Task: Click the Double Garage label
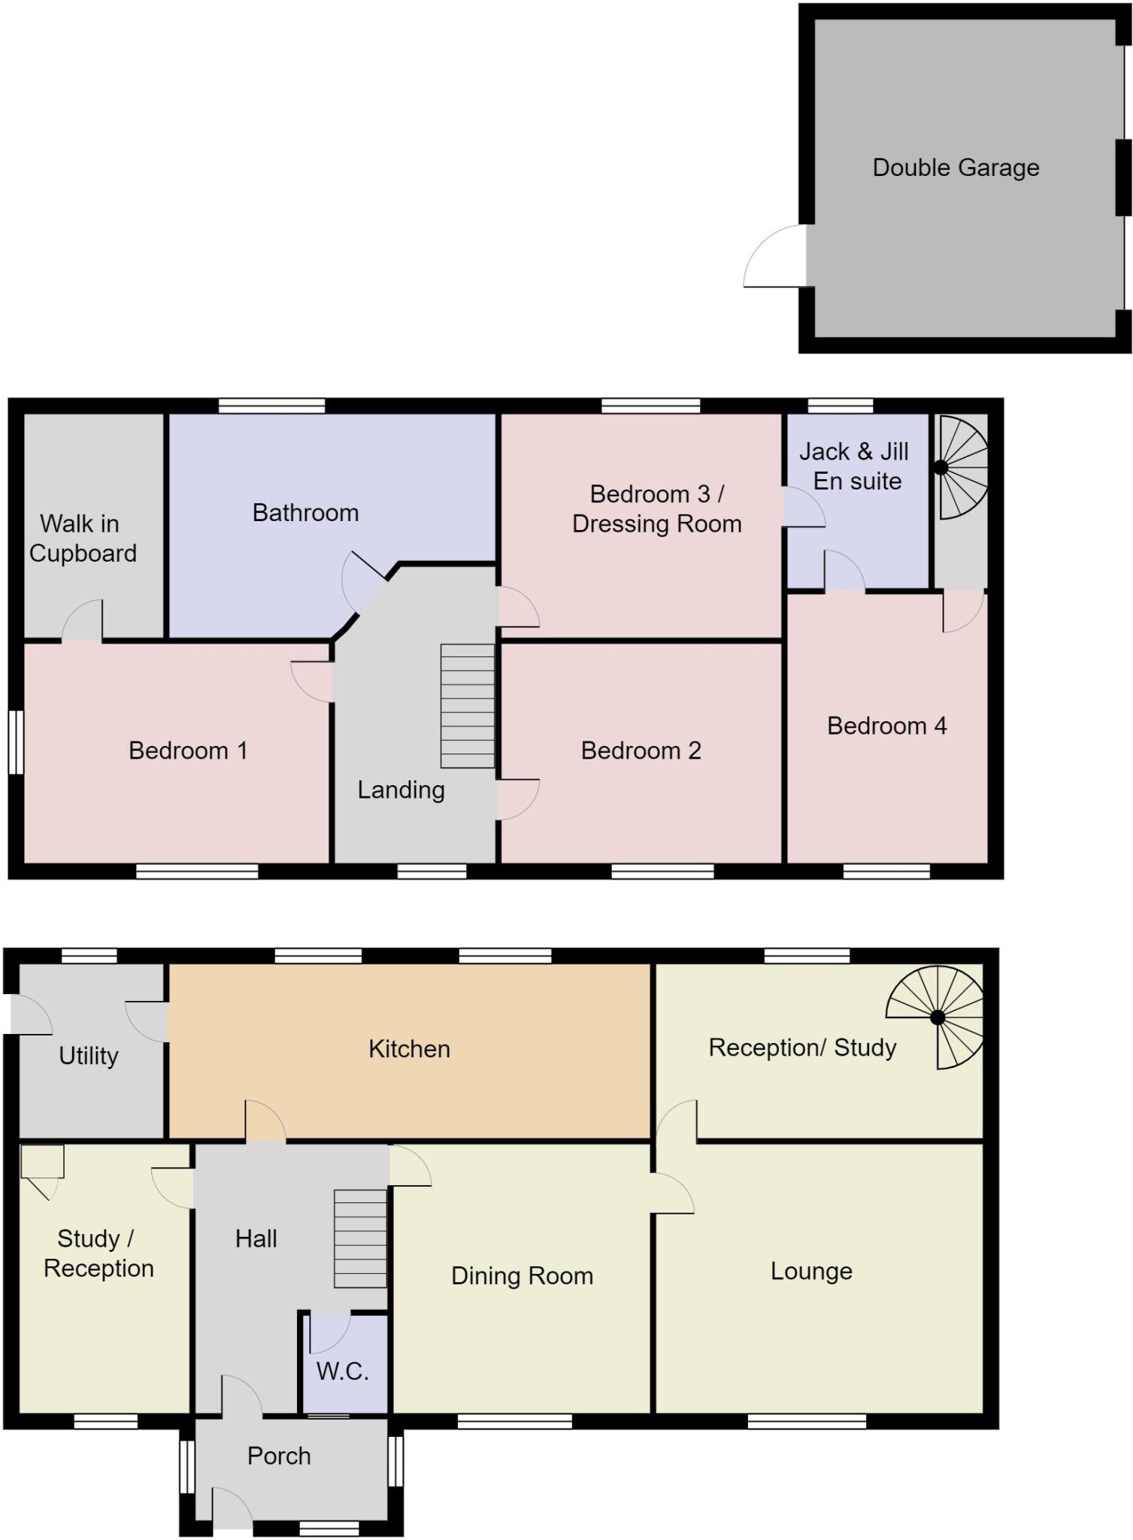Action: (x=955, y=167)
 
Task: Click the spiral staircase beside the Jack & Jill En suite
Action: (x=961, y=468)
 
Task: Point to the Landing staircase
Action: (x=467, y=705)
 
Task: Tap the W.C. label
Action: (x=342, y=1371)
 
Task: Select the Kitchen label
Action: (x=409, y=1048)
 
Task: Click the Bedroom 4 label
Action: (x=886, y=726)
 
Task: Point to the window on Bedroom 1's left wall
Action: (x=16, y=742)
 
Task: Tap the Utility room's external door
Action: (x=30, y=1016)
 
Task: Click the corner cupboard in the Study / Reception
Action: (x=41, y=1164)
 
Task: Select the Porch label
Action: (x=279, y=1456)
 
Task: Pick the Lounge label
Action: (x=811, y=1271)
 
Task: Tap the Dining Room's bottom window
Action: (x=515, y=1421)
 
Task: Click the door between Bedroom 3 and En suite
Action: (x=801, y=508)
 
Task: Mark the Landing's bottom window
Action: (x=432, y=872)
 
